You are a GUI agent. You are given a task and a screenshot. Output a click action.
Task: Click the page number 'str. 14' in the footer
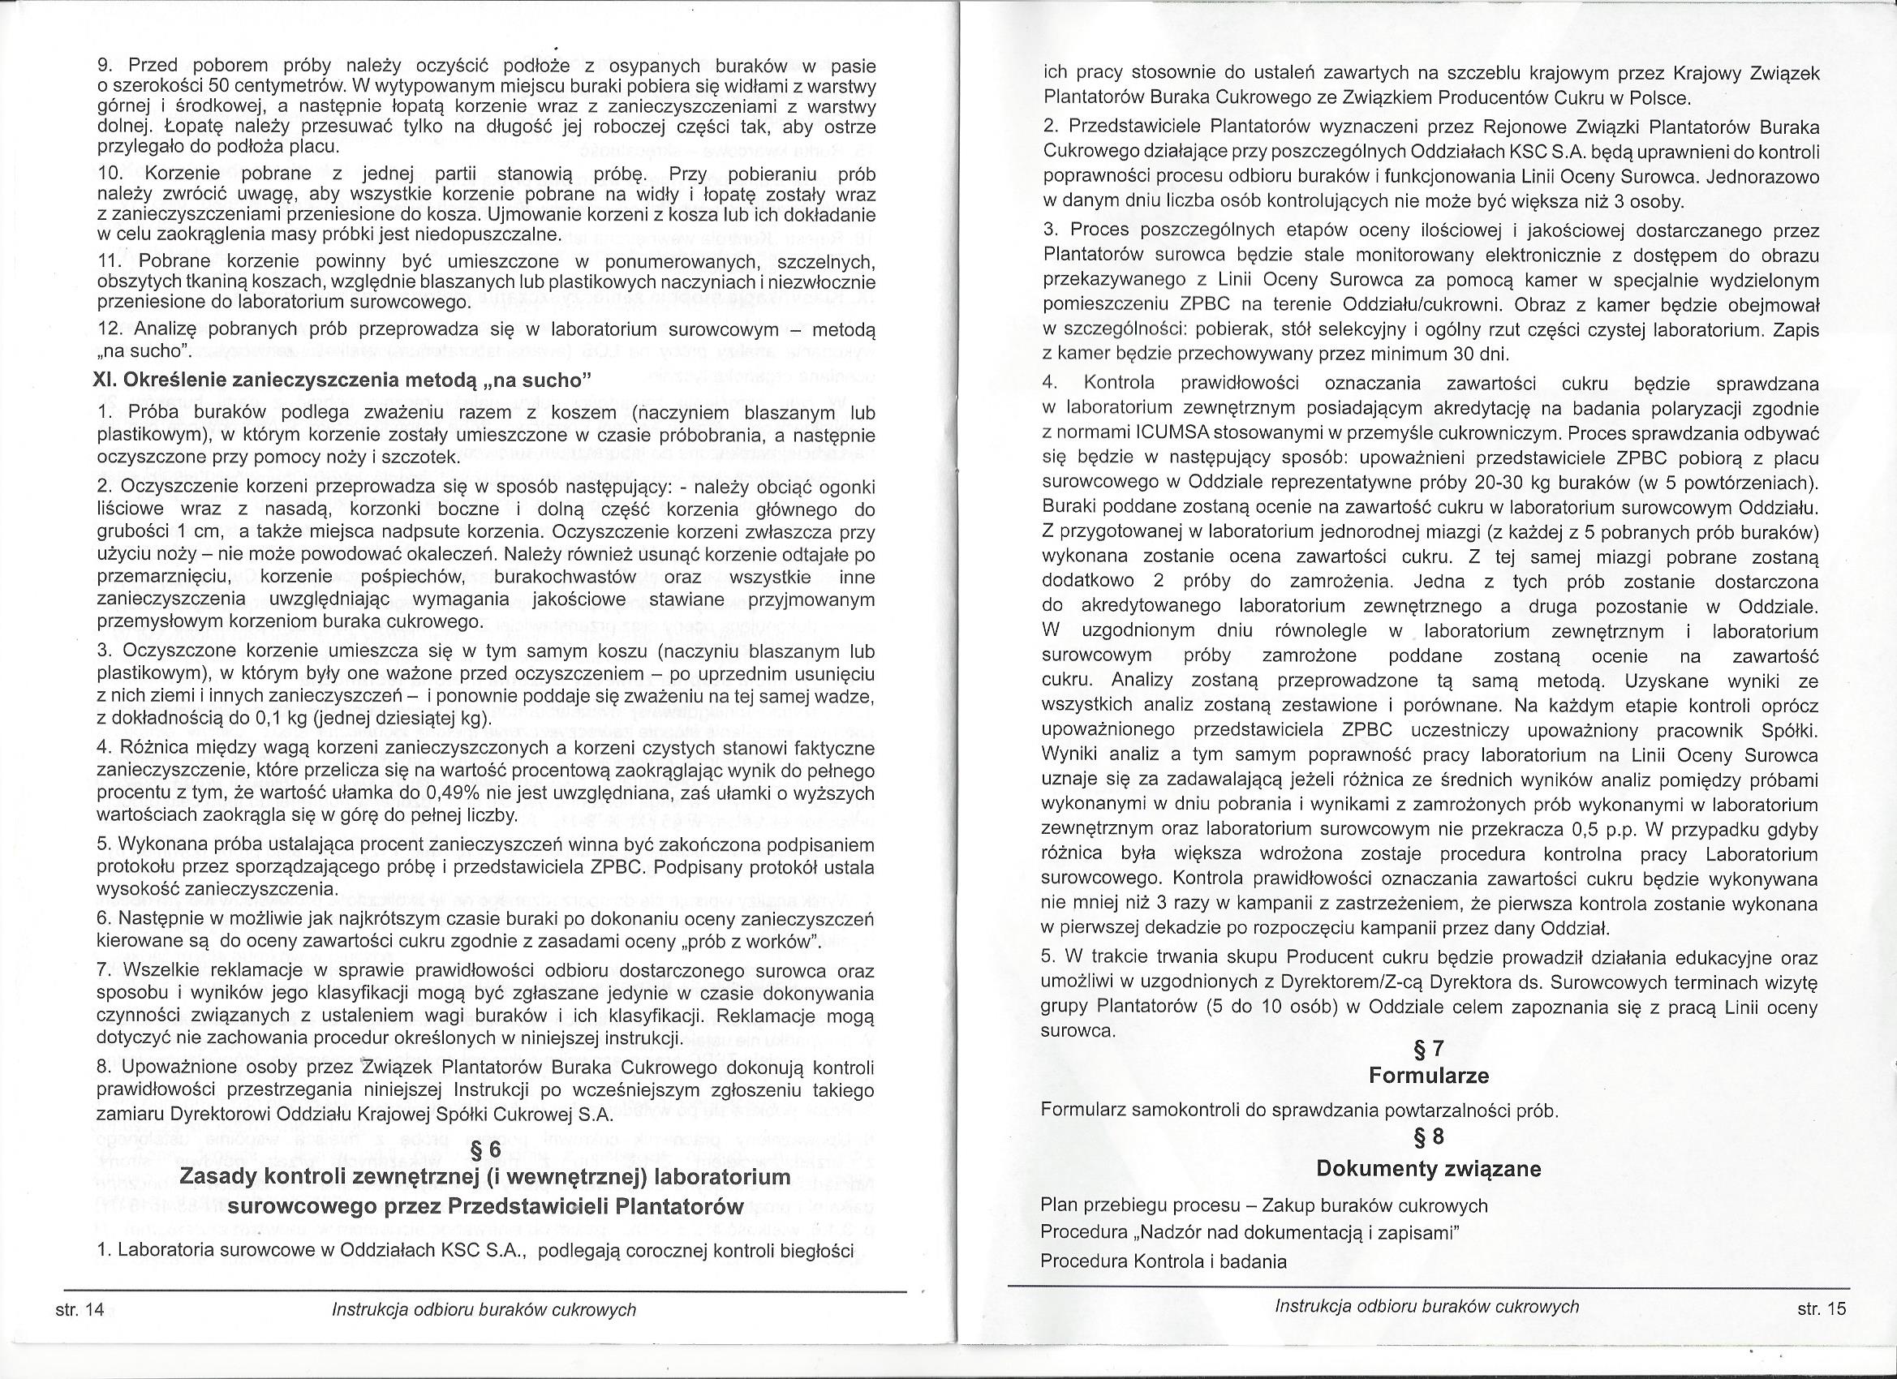point(79,1309)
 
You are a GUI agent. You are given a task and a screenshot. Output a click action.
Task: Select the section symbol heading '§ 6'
point(484,1151)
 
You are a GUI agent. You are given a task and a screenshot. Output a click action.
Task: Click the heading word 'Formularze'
point(1429,1076)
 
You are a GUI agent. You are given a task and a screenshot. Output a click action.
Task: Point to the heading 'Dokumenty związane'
point(1429,1168)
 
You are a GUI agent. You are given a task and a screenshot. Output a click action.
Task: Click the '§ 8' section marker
point(1428,1136)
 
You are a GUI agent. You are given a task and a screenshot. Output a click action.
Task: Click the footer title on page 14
point(484,1309)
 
